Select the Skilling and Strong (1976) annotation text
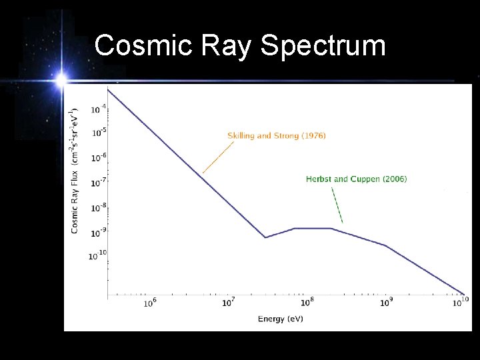point(276,136)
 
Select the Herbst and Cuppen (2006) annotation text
point(356,179)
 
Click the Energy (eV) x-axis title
point(280,319)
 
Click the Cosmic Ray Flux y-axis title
point(75,170)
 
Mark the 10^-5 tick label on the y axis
point(99,132)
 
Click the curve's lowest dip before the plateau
point(265,237)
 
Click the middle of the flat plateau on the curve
point(313,229)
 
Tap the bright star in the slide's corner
point(61,81)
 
